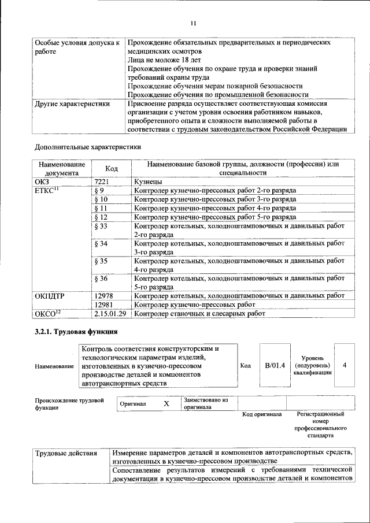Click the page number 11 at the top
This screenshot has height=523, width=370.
pos(193,23)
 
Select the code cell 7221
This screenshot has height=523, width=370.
pos(101,181)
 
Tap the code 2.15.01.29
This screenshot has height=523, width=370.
pos(109,314)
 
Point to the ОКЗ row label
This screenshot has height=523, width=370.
pos(43,181)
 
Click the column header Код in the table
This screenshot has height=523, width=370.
pos(112,168)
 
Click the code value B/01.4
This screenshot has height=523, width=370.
pos(275,366)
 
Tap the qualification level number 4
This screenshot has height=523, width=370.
pos(345,365)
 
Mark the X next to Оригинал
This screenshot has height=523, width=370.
pos(166,404)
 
